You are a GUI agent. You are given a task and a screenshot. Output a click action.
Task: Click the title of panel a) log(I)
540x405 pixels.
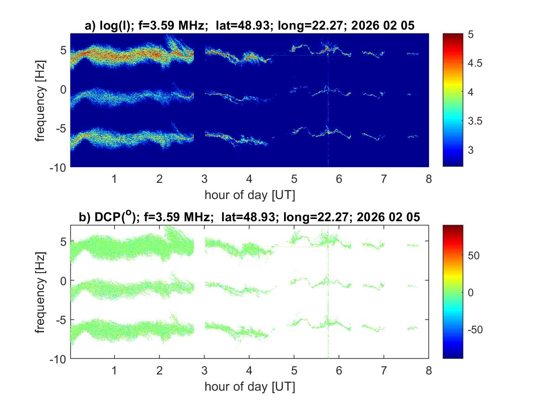point(249,27)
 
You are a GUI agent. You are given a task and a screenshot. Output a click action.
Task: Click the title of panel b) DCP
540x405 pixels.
point(249,218)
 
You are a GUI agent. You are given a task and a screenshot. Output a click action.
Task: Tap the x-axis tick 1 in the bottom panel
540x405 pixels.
point(114,371)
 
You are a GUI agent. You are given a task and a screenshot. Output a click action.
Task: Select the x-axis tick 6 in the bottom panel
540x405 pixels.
point(339,371)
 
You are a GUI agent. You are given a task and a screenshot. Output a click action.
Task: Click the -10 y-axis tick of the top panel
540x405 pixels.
point(58,166)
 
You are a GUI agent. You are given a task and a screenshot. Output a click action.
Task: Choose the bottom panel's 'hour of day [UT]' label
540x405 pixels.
point(249,386)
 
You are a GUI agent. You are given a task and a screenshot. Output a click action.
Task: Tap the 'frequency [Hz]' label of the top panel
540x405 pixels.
point(42,100)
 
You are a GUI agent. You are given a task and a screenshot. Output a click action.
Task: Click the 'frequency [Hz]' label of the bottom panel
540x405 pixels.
point(42,292)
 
